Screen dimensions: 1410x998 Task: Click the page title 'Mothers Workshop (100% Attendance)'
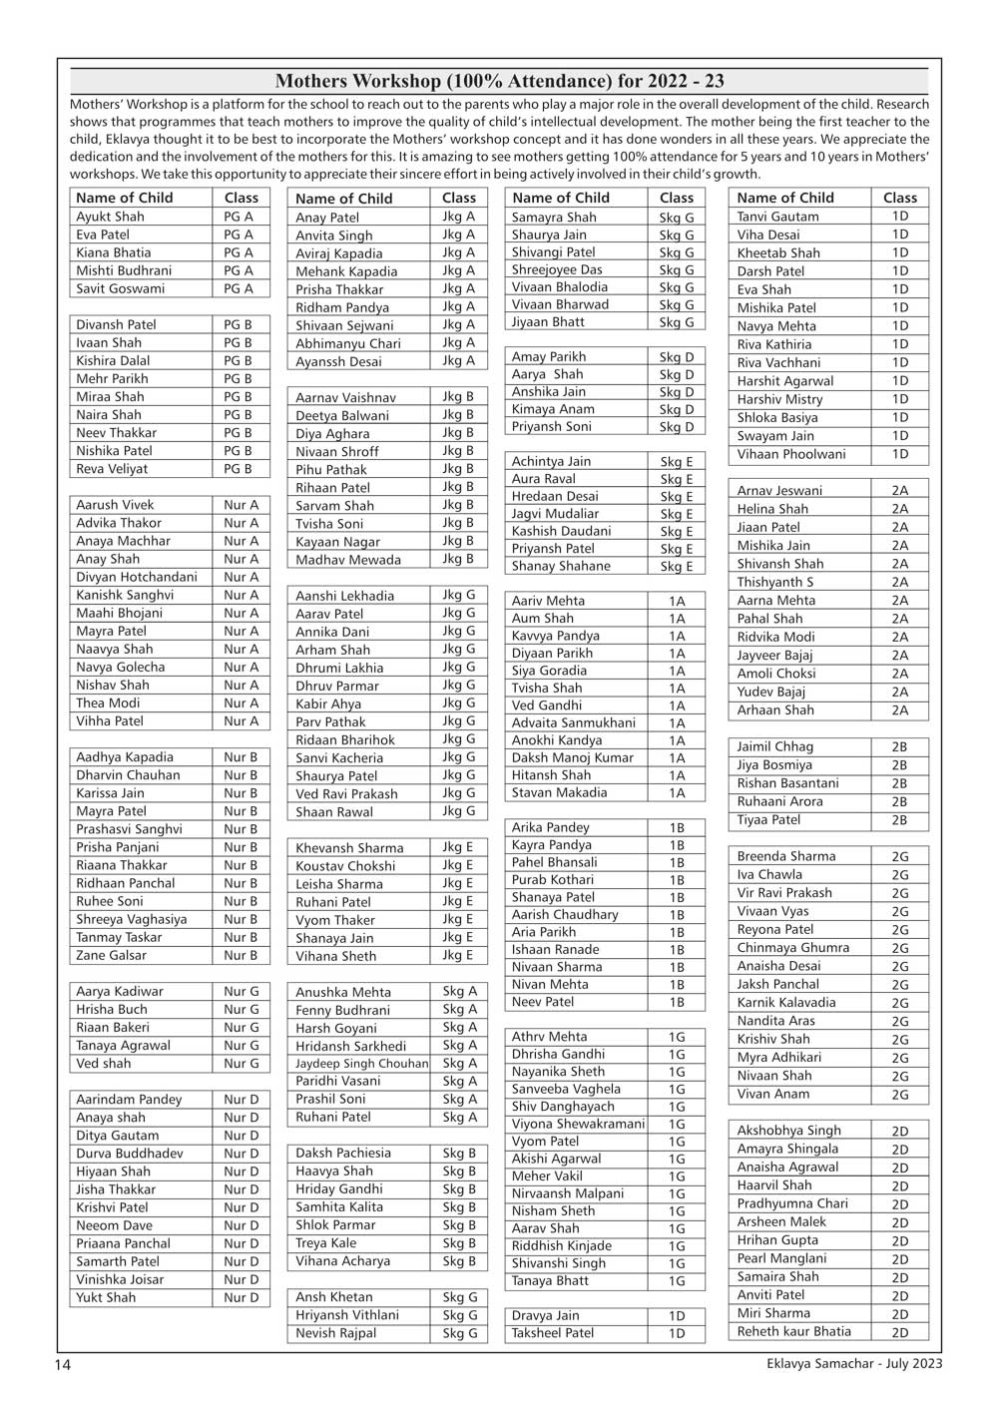(499, 81)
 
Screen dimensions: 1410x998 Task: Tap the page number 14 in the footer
(62, 1364)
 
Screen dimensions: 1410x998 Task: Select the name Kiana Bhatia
(114, 252)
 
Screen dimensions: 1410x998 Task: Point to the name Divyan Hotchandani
(137, 577)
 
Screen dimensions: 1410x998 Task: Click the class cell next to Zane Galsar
(241, 955)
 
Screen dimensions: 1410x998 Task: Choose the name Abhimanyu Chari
(347, 343)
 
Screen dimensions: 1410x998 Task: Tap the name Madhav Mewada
(347, 560)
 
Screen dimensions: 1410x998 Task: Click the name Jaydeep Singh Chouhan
(361, 1064)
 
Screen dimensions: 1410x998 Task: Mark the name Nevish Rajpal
(335, 1333)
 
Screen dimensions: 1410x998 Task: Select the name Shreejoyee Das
(557, 269)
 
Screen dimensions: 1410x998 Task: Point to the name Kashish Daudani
(561, 531)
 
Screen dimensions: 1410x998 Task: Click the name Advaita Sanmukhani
(573, 722)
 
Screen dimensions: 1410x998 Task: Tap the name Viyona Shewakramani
(578, 1124)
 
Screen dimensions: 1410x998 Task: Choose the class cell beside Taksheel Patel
(677, 1333)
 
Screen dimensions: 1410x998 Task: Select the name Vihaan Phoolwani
(790, 454)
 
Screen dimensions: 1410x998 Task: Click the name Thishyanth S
(774, 582)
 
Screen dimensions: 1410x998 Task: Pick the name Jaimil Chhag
(774, 746)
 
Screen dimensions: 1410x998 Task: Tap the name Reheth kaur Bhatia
(793, 1331)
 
